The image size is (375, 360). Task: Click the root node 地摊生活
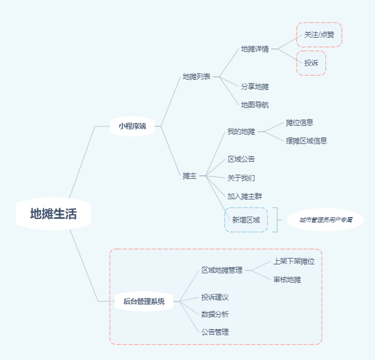pyautogui.click(x=54, y=214)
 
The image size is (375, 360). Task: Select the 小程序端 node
pyautogui.click(x=132, y=126)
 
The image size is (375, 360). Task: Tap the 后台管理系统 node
pyautogui.click(x=144, y=302)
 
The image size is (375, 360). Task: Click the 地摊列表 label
pyautogui.click(x=196, y=77)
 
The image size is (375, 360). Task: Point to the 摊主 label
pyautogui.click(x=189, y=175)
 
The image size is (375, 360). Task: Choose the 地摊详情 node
pyautogui.click(x=255, y=49)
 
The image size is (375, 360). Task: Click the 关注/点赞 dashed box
pyautogui.click(x=319, y=35)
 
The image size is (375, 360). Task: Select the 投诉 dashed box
pyautogui.click(x=311, y=63)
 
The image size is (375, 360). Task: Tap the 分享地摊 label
pyautogui.click(x=255, y=86)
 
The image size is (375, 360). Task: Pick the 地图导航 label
pyautogui.click(x=255, y=104)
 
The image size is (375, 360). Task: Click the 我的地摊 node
pyautogui.click(x=241, y=131)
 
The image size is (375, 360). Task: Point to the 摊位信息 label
pyautogui.click(x=300, y=122)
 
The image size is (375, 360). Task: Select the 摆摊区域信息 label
pyautogui.click(x=306, y=140)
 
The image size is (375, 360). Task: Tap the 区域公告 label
pyautogui.click(x=241, y=159)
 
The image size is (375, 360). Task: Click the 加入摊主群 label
pyautogui.click(x=245, y=196)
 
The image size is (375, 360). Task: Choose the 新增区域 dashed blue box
pyautogui.click(x=246, y=220)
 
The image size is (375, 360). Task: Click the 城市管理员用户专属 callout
pyautogui.click(x=325, y=220)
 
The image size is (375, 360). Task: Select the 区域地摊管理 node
pyautogui.click(x=222, y=270)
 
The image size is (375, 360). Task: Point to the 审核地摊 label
pyautogui.click(x=287, y=279)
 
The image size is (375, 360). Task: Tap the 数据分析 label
pyautogui.click(x=215, y=314)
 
